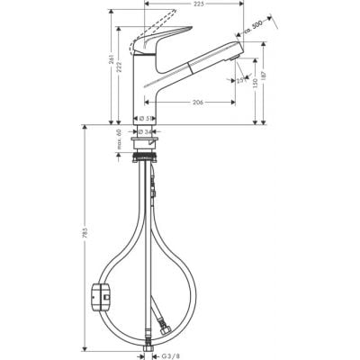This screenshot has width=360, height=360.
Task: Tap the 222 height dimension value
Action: (123, 78)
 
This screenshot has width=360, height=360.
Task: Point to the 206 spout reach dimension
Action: (195, 102)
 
